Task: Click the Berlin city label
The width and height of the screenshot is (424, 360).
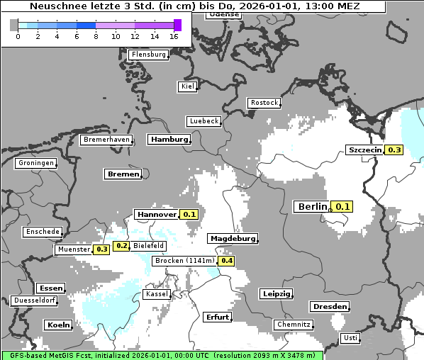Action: coord(313,207)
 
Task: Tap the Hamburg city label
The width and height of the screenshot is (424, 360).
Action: coord(169,140)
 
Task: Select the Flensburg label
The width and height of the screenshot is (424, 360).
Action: coord(149,55)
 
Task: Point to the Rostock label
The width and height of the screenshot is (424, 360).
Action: coord(264,103)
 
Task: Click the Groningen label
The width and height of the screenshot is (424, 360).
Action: coord(35,163)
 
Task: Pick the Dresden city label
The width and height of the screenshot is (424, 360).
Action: coord(329,307)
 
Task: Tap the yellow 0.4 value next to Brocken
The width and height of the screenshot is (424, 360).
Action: coord(226,261)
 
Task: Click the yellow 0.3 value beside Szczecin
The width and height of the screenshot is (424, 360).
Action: coord(394,150)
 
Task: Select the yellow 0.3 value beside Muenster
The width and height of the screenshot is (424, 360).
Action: coord(101,249)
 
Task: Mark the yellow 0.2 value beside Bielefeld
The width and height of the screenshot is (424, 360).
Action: coord(121,246)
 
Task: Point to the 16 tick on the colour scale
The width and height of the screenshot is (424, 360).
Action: coord(174,35)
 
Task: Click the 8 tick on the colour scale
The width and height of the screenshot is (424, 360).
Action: coord(96,35)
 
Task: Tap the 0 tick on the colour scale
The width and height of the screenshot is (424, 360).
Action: coord(17,35)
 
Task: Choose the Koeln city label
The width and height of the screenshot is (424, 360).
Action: coord(58,325)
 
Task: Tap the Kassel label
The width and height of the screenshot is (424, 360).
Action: coord(155,293)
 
